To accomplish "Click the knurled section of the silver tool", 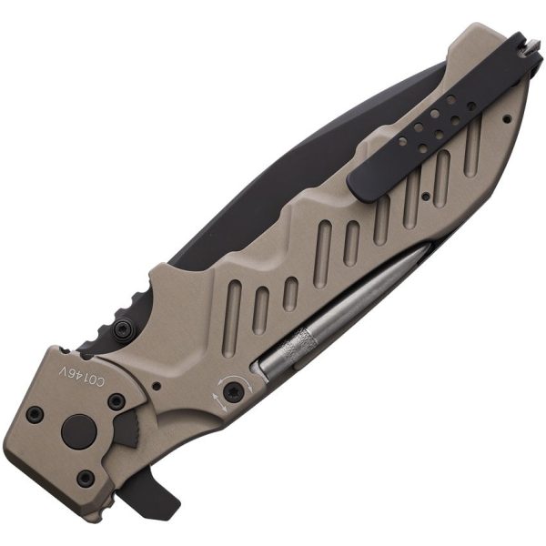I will [297, 349].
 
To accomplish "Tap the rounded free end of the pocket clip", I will [360, 181].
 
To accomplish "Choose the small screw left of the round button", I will [35, 415].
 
